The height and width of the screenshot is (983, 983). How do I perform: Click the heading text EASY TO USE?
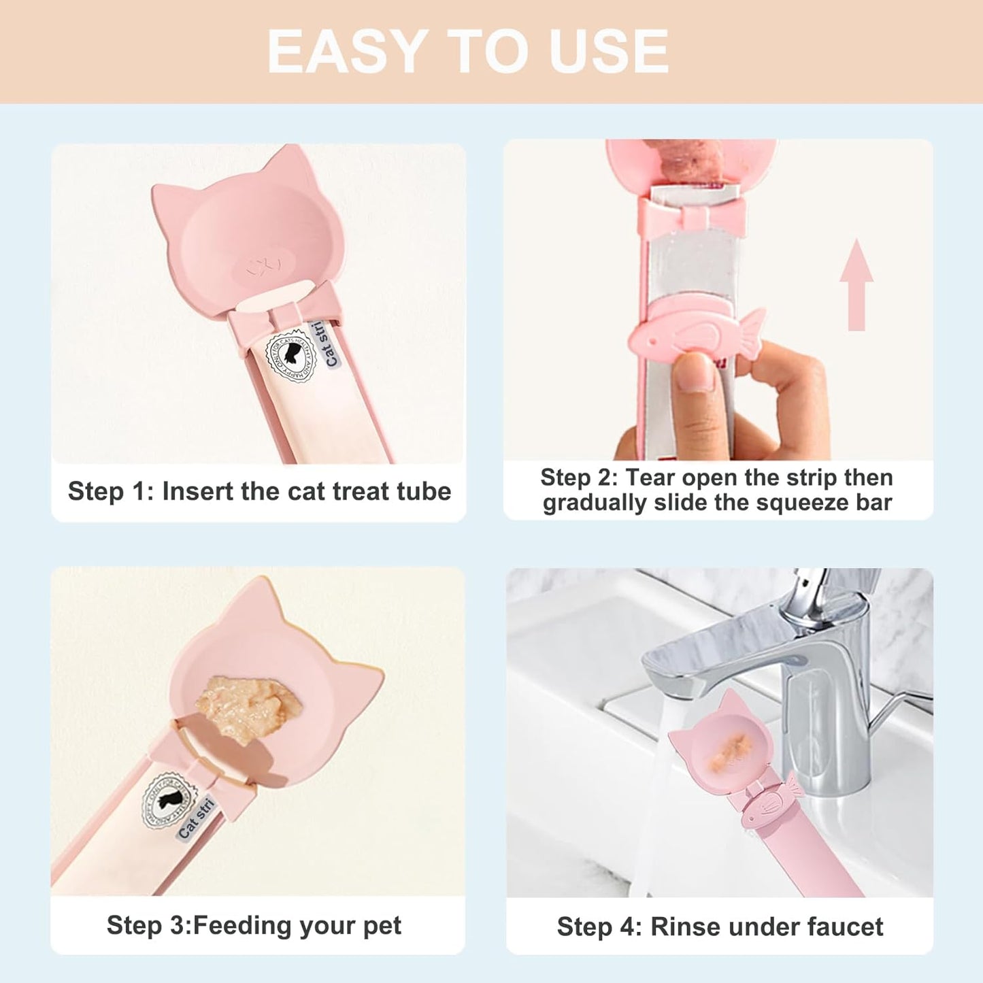click(x=468, y=52)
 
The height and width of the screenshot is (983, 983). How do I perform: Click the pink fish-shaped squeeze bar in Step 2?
click(x=694, y=331)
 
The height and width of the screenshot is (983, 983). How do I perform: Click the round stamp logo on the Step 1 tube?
click(x=290, y=356)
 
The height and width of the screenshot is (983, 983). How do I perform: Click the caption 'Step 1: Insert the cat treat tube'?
click(x=259, y=491)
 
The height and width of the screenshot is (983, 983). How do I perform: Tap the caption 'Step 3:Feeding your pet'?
click(x=254, y=925)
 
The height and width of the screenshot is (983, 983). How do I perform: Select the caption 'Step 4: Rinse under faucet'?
click(x=720, y=927)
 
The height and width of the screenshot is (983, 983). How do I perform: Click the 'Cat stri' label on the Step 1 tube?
click(x=329, y=345)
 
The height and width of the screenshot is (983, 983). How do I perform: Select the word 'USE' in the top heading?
click(x=609, y=52)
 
